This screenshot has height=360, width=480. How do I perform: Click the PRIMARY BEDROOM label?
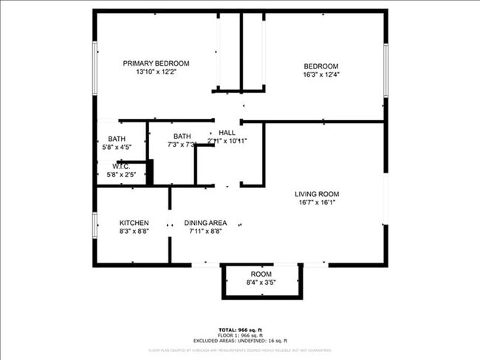click(x=156, y=63)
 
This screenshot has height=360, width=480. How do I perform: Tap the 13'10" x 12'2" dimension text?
click(x=156, y=72)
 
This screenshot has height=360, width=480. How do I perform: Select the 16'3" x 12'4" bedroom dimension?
click(x=320, y=75)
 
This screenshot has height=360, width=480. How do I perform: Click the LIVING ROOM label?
click(x=317, y=194)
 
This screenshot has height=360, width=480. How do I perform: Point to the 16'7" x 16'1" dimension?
click(x=317, y=203)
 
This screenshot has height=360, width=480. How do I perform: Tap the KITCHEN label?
click(x=134, y=223)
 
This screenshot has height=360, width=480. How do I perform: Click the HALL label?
click(x=227, y=132)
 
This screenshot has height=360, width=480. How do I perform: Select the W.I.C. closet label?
click(x=121, y=167)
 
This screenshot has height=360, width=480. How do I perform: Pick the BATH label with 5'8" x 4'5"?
click(x=117, y=139)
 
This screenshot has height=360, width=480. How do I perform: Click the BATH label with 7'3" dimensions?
click(x=182, y=136)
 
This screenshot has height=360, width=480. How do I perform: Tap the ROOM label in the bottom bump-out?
click(x=261, y=274)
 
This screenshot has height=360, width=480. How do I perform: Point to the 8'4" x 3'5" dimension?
click(x=261, y=283)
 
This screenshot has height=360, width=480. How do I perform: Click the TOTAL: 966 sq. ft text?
click(x=240, y=329)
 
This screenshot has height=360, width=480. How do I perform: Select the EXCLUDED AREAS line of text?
click(x=240, y=340)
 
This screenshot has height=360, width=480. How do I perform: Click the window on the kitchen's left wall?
click(x=95, y=225)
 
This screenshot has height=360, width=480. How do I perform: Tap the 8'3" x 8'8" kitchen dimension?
click(x=134, y=231)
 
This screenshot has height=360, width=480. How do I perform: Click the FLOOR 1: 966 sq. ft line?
click(x=240, y=334)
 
